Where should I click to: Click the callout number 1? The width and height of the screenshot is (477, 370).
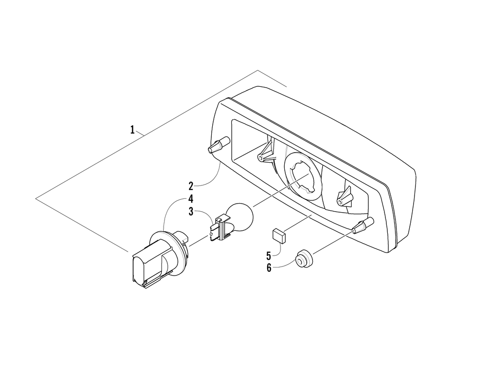[132, 130]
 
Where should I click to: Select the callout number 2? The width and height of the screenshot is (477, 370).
[190, 185]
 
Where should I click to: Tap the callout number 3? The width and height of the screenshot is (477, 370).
[190, 211]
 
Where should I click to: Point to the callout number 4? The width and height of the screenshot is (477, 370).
[190, 198]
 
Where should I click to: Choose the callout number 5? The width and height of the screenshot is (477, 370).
[269, 255]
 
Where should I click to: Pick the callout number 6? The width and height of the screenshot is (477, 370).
[269, 267]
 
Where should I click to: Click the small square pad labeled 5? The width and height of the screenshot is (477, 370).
[278, 235]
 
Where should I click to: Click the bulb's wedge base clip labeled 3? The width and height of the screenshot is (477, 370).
[217, 226]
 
